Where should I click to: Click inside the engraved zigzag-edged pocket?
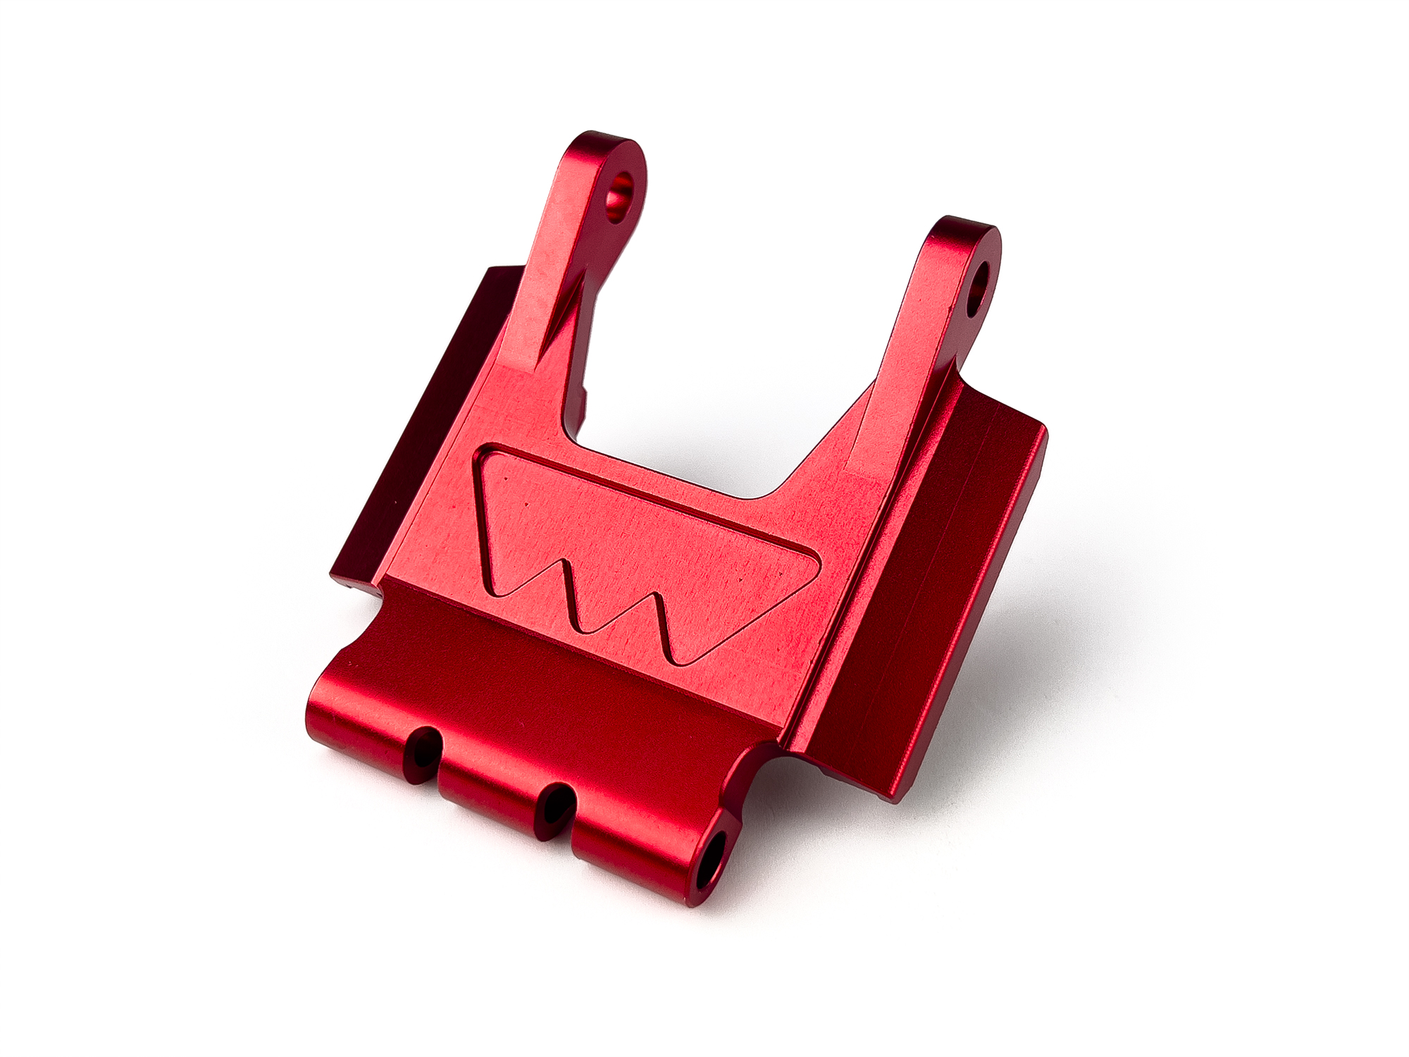(x=620, y=543)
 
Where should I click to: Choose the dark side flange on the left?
(x=416, y=423)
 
